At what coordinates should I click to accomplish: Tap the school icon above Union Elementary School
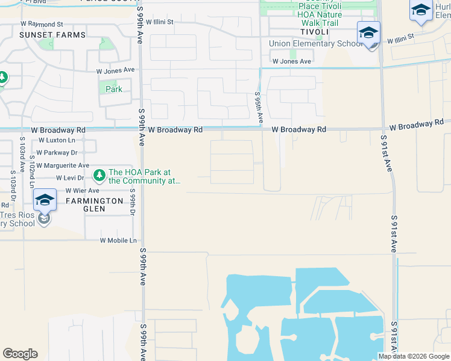coord(368,32)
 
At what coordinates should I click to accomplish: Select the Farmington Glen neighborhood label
coord(86,205)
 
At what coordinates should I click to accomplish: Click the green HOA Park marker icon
coord(99,175)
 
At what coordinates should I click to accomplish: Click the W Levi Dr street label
coord(70,178)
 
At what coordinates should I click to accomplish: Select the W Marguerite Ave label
coord(62,165)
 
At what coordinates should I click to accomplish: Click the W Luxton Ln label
coord(56,140)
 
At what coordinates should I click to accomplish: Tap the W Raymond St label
coord(41,25)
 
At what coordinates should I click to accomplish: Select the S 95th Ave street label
coord(258,107)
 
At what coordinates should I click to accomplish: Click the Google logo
coord(20,354)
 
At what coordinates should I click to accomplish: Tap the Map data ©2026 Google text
coord(414,356)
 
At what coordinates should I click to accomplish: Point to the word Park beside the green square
coord(113,89)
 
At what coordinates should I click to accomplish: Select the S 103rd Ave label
coord(12,180)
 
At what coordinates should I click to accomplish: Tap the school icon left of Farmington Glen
coord(45,200)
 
